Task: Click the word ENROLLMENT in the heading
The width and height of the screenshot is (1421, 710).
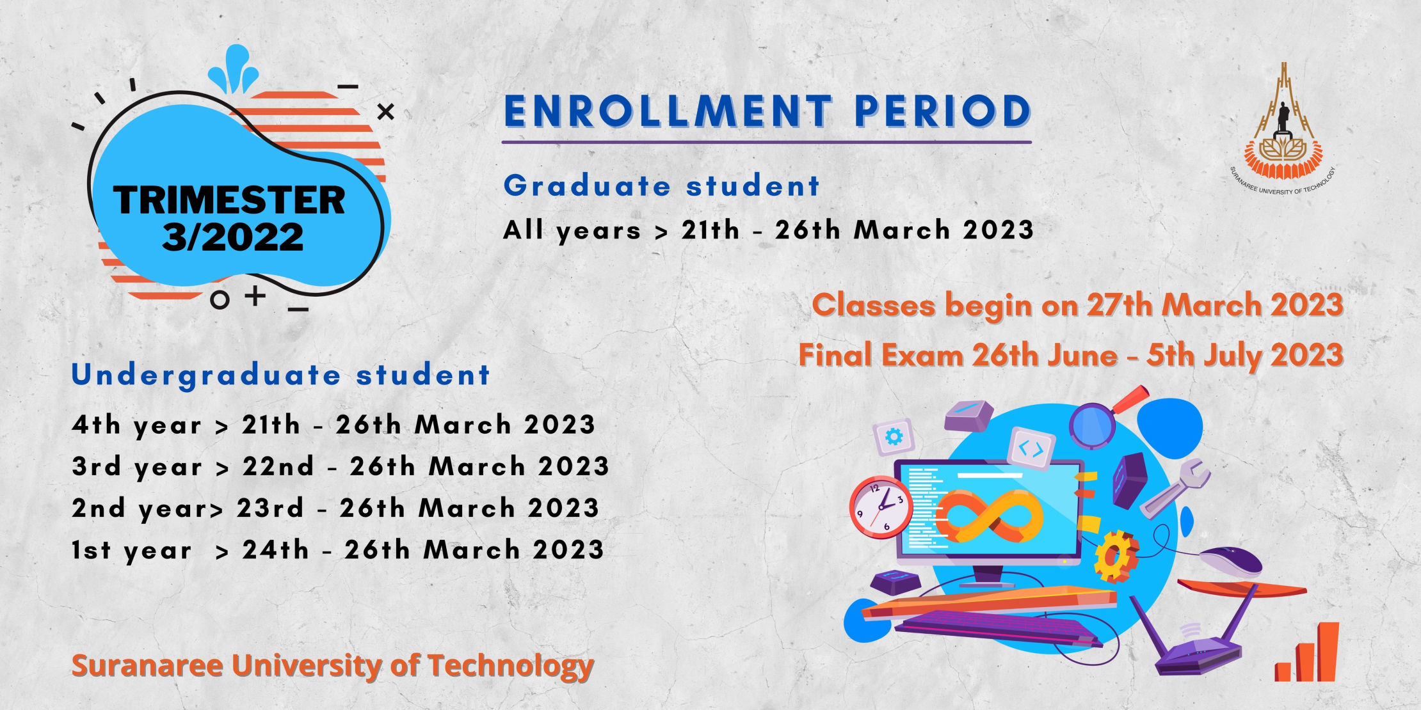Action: coord(668,111)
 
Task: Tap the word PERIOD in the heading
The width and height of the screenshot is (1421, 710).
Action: coord(943,111)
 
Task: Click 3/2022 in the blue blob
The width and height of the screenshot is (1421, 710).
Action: coord(232,237)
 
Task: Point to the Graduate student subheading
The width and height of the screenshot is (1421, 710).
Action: coord(661,186)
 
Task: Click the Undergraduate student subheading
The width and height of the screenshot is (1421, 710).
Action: coord(280,375)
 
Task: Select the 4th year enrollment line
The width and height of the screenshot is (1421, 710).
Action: coord(333,425)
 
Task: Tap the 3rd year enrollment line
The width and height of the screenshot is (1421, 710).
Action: coord(341,467)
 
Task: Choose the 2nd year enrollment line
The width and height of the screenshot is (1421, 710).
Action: coord(335,509)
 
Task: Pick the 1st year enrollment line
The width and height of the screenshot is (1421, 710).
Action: coord(338,550)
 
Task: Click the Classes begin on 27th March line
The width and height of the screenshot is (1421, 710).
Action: coord(1077,305)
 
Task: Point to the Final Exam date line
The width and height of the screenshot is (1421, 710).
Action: coord(1071,355)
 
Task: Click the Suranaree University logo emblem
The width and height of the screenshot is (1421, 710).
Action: coord(1282,128)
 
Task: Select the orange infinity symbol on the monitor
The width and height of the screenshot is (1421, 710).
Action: coord(992,515)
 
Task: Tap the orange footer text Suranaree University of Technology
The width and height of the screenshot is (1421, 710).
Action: coord(333,666)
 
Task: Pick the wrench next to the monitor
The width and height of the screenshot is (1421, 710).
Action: coord(1175,487)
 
